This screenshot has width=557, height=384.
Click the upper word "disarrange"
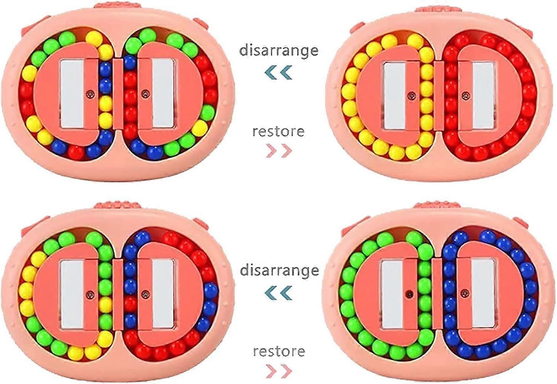click(x=279, y=50)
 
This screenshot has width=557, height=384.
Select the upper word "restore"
click(x=278, y=132)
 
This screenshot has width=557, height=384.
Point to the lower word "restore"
click(x=279, y=351)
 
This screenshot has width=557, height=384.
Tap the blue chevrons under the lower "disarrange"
click(x=278, y=292)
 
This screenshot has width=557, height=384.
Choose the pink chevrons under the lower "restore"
click(x=279, y=371)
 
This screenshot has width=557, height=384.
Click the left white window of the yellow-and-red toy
click(x=394, y=96)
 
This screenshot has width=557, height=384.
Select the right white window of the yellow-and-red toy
click(x=482, y=96)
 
